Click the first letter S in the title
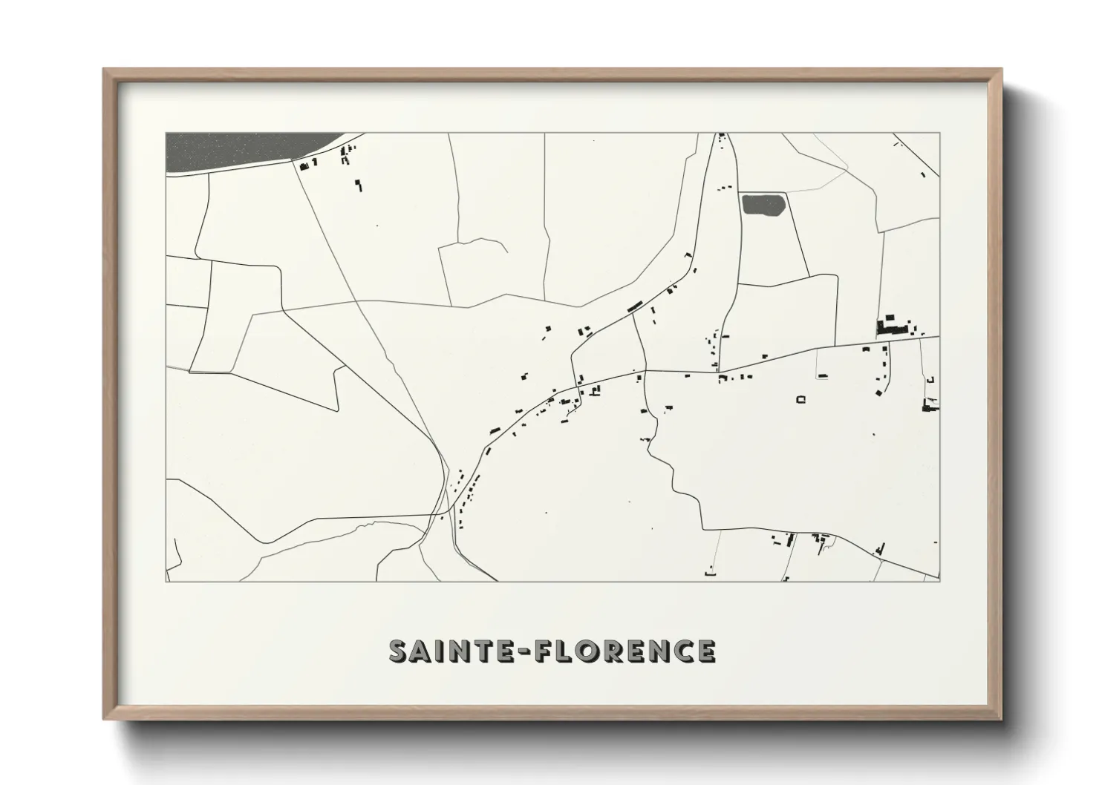[399, 651]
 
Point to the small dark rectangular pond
[763, 204]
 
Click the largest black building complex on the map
[893, 327]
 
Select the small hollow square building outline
[800, 400]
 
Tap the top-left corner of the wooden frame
[105, 70]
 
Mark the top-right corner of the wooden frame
[1000, 70]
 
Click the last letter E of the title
[703, 651]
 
